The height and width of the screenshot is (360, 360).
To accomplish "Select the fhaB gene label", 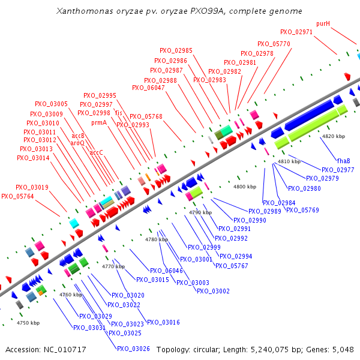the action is (343, 161).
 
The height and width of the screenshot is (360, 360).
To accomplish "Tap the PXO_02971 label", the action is (296, 32).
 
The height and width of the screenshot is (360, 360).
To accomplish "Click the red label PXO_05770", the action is (274, 44).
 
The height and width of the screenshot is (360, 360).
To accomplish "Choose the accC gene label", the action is (96, 152).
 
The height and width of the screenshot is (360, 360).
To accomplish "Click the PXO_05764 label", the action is (17, 196).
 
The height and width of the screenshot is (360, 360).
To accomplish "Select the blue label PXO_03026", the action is (133, 349).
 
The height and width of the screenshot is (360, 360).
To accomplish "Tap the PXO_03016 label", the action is (163, 322).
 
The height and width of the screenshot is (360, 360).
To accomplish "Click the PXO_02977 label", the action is (338, 170).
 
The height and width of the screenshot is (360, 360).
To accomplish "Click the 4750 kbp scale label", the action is (28, 323).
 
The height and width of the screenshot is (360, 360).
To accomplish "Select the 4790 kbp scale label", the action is (200, 213).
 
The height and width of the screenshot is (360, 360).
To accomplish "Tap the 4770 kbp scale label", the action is (113, 266).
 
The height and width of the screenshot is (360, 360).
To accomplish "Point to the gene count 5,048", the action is (341, 349).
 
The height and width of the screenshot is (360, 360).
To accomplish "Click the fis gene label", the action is (119, 113).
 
